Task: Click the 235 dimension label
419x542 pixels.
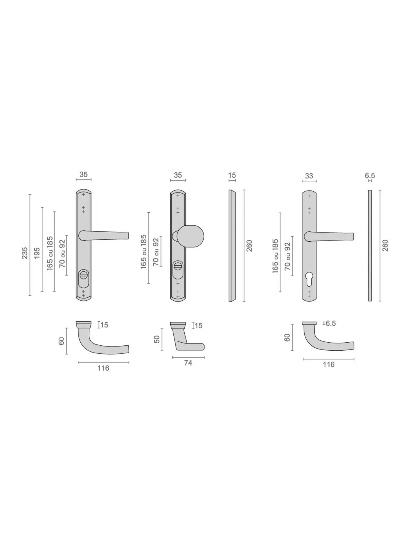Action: (25, 253)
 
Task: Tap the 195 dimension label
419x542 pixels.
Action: (37, 253)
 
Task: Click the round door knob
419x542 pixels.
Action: (191, 236)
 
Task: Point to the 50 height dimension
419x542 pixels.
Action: (157, 339)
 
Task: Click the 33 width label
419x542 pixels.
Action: (309, 176)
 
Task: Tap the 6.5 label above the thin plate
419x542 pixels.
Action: (370, 175)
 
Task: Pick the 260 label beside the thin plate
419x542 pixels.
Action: (385, 245)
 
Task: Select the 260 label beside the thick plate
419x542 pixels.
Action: (249, 246)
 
